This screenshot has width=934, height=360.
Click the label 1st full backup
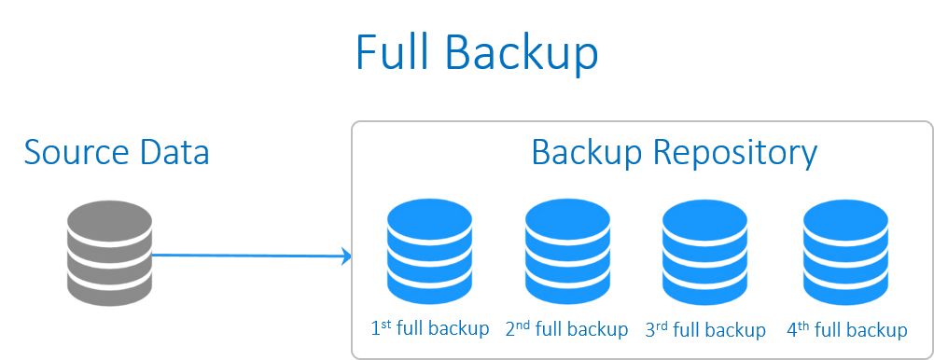coord(430,329)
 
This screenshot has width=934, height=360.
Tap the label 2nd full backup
coord(566,329)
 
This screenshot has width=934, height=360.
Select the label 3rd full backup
coord(705,330)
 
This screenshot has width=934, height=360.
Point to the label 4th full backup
coord(847,330)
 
